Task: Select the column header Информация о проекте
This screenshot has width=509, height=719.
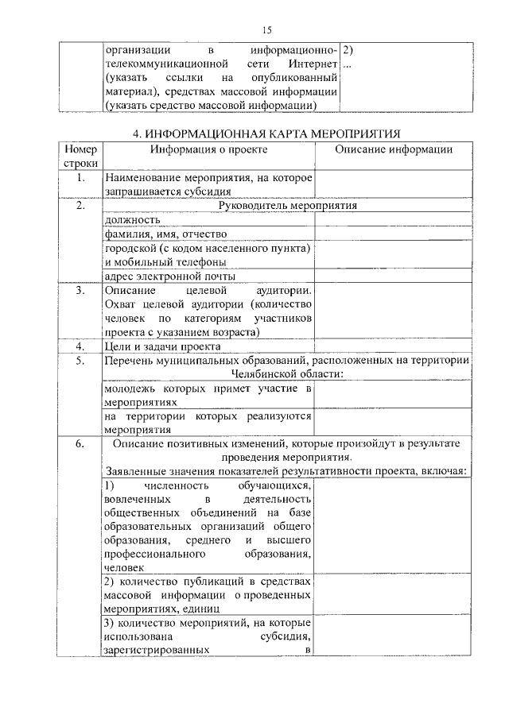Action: click(209, 149)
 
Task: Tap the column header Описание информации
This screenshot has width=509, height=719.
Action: click(393, 149)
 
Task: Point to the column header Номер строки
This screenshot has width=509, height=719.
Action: click(80, 156)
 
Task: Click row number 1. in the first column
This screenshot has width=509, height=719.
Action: click(80, 177)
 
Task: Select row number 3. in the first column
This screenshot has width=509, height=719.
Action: click(80, 291)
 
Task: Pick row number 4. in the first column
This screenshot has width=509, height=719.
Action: click(80, 346)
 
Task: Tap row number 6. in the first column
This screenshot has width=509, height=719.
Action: click(80, 445)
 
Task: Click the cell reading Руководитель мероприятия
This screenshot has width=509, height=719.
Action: click(287, 206)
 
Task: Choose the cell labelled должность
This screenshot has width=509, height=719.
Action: click(132, 220)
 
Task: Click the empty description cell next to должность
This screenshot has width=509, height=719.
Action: click(393, 220)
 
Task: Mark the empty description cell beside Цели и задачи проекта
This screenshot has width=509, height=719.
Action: click(393, 346)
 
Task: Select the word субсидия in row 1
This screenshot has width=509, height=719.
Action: click(209, 191)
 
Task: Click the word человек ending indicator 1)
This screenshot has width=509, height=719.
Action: click(124, 568)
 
